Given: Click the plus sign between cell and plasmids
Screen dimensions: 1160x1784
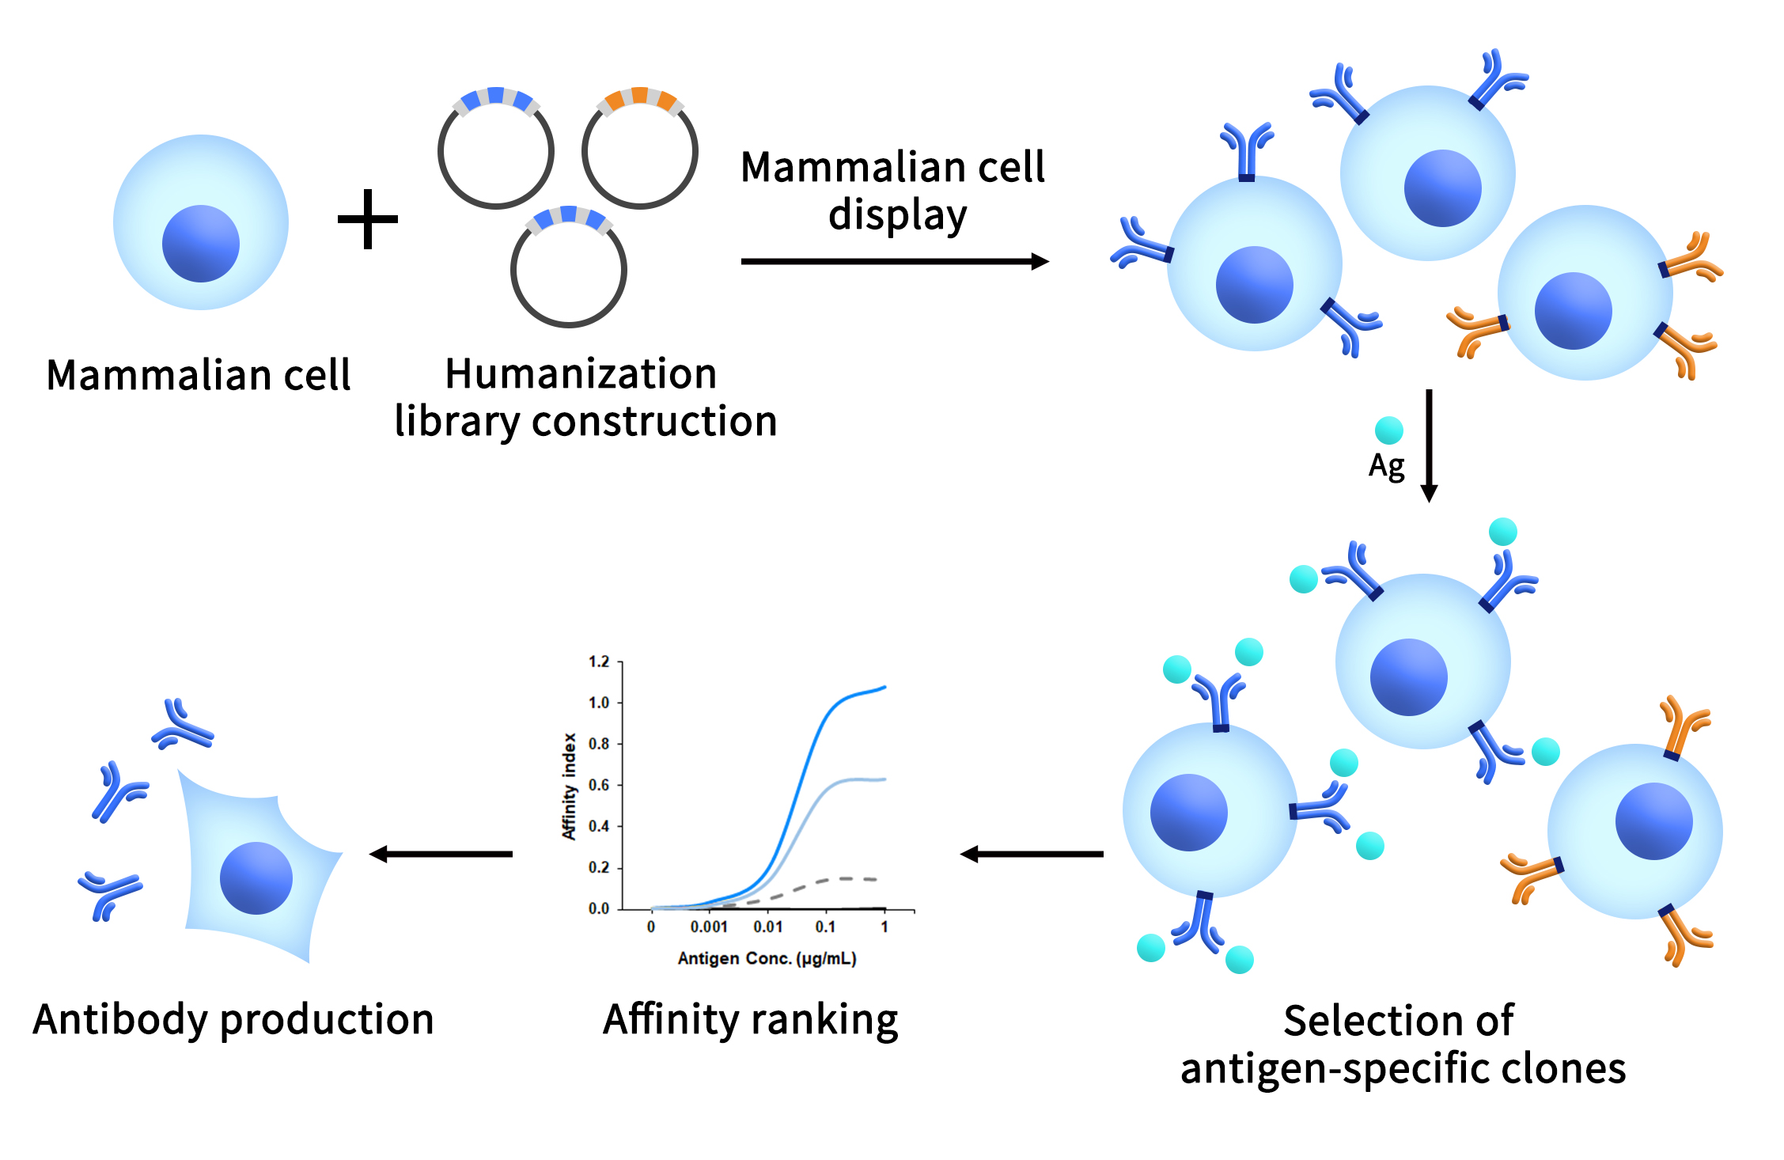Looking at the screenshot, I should tap(368, 219).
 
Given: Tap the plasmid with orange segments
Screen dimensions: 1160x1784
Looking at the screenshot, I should tap(640, 150).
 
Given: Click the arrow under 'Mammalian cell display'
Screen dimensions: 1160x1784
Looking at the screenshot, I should tap(894, 261).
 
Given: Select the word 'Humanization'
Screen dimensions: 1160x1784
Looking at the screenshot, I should tap(581, 373).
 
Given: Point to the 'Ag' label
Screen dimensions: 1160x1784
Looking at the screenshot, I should tap(1387, 466).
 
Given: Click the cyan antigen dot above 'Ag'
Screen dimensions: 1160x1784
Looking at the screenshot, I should tap(1388, 430).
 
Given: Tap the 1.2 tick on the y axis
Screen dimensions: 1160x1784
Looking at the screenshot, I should tap(599, 662).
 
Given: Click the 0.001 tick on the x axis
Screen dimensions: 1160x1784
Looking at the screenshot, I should tap(709, 927).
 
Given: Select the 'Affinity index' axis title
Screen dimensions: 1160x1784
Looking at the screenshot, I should tap(569, 786).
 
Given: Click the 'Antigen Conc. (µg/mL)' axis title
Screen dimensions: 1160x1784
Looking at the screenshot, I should tap(767, 958).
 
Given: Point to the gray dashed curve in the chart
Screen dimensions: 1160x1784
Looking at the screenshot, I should tap(823, 881).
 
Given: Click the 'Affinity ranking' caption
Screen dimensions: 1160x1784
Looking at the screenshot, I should tap(750, 1019).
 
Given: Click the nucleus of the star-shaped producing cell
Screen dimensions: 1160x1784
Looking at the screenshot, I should tap(256, 878).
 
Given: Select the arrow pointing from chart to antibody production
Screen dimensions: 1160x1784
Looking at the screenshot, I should tap(441, 854).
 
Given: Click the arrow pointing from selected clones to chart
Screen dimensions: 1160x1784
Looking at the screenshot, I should tap(1032, 854).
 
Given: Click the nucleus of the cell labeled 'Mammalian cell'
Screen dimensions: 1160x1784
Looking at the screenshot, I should tap(200, 244).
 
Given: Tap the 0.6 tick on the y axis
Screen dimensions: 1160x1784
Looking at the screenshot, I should tap(599, 785).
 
